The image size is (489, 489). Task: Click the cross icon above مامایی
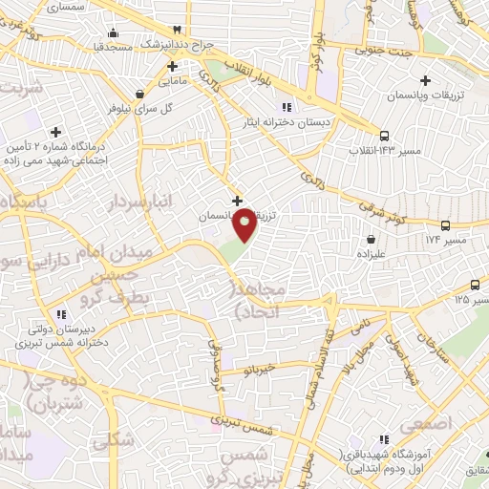click(x=172, y=66)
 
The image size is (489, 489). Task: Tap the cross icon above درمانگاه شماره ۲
click(x=57, y=132)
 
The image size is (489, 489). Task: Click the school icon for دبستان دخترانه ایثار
click(x=286, y=107)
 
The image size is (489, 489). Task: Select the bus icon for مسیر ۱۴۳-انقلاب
click(x=385, y=136)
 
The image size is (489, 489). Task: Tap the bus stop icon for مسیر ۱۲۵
click(x=476, y=285)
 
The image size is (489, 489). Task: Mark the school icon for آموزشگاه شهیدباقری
click(x=384, y=438)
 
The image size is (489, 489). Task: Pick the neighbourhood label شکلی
click(x=114, y=440)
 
